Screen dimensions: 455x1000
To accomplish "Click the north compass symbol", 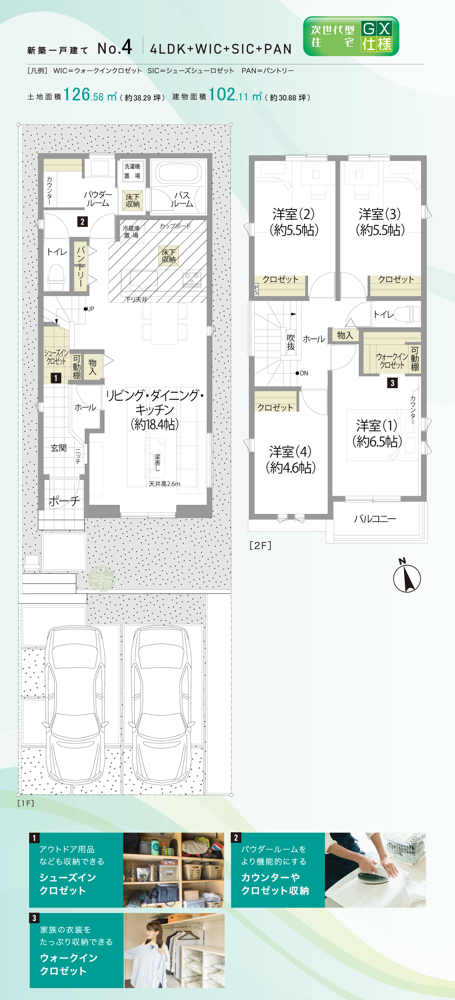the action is coord(407,576).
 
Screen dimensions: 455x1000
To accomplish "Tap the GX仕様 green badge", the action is coord(351,36).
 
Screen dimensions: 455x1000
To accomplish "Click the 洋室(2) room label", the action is coord(294,222).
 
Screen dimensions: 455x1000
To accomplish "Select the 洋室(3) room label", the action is coord(380,222).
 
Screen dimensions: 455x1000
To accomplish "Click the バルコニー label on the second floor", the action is coord(375,519).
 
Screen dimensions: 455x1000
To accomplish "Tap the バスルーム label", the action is coord(182,199).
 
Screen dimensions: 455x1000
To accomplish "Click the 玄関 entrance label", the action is coord(59,448).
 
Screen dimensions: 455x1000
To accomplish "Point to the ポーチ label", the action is coord(64,501).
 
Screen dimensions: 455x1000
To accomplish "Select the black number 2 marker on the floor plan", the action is coord(82,222).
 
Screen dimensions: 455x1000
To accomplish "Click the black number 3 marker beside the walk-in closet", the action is coord(392,383).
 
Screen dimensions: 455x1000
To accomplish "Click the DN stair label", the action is coord(304,373).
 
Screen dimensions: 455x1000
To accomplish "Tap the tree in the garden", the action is coord(101,578).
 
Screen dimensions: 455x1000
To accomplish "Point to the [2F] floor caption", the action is coord(260,545).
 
